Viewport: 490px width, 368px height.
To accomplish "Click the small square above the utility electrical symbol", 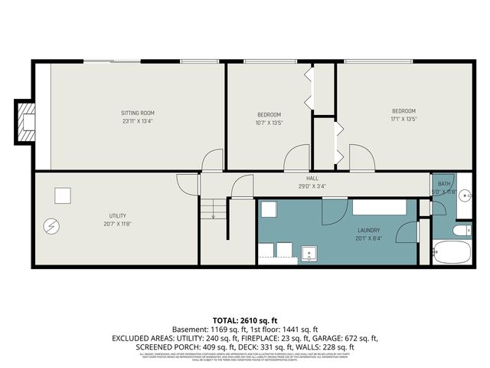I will [x=62, y=195].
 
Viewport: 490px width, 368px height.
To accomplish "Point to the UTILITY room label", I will [x=117, y=215].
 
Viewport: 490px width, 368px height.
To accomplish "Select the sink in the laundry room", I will [x=310, y=252].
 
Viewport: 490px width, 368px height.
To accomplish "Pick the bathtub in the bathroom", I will [x=453, y=251].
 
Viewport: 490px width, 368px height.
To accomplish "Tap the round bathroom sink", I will [x=465, y=195].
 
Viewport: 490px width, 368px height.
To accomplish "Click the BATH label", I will [x=444, y=184].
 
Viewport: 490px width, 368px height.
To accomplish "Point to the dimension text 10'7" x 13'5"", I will [x=269, y=122].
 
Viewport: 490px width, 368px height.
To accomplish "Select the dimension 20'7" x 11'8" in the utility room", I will [x=117, y=224].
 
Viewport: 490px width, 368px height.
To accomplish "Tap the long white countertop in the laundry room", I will [x=380, y=207].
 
